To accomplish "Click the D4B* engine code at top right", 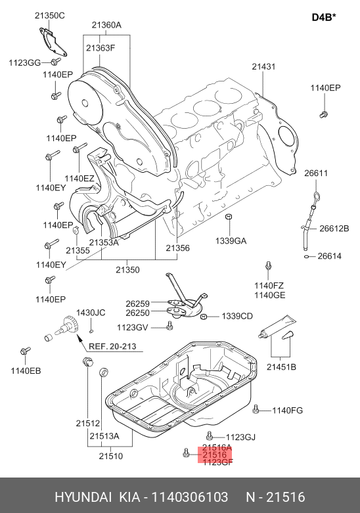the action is (324, 16).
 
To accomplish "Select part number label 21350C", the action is (50, 15).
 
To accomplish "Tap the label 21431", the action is (263, 66).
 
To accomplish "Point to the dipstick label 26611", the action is (316, 173).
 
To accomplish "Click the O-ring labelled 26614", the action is (307, 256).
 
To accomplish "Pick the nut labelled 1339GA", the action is (229, 217).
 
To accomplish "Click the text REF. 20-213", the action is (112, 346).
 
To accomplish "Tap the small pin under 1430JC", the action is (91, 331).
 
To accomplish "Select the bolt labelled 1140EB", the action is (25, 351).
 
